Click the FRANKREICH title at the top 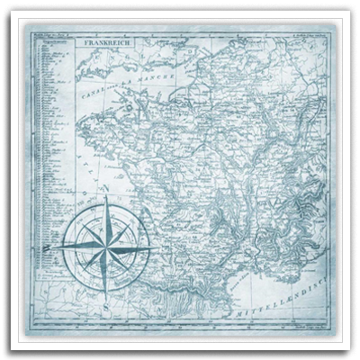click(x=106, y=42)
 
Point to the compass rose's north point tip click(x=103, y=199)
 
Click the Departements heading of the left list click(x=50, y=41)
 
